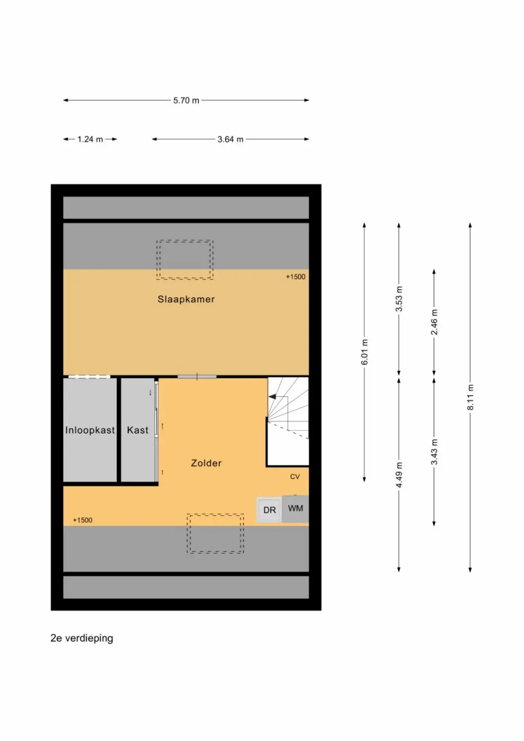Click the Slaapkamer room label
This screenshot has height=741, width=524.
[186, 299]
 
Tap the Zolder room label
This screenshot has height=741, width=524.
[206, 463]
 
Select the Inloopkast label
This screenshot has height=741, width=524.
[90, 430]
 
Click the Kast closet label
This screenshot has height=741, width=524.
[138, 430]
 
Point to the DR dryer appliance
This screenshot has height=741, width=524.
[269, 510]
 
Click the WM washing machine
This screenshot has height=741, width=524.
[295, 509]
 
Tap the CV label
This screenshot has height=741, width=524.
[295, 476]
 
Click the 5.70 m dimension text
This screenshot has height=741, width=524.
[186, 100]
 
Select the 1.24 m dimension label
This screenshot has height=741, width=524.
[90, 139]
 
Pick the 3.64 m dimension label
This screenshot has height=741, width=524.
[230, 139]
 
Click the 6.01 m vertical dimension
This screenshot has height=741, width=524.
[365, 352]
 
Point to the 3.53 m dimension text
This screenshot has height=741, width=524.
[399, 299]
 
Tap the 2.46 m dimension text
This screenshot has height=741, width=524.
[434, 322]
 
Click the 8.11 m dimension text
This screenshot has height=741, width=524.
[470, 397]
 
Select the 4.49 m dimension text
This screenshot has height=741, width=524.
[399, 475]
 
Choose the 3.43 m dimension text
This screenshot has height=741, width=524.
[434, 452]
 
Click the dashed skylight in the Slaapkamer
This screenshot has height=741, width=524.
[185, 260]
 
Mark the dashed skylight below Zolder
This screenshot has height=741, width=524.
[216, 534]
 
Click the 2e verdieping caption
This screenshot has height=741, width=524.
[82, 638]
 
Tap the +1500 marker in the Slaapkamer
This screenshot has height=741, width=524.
[295, 277]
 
